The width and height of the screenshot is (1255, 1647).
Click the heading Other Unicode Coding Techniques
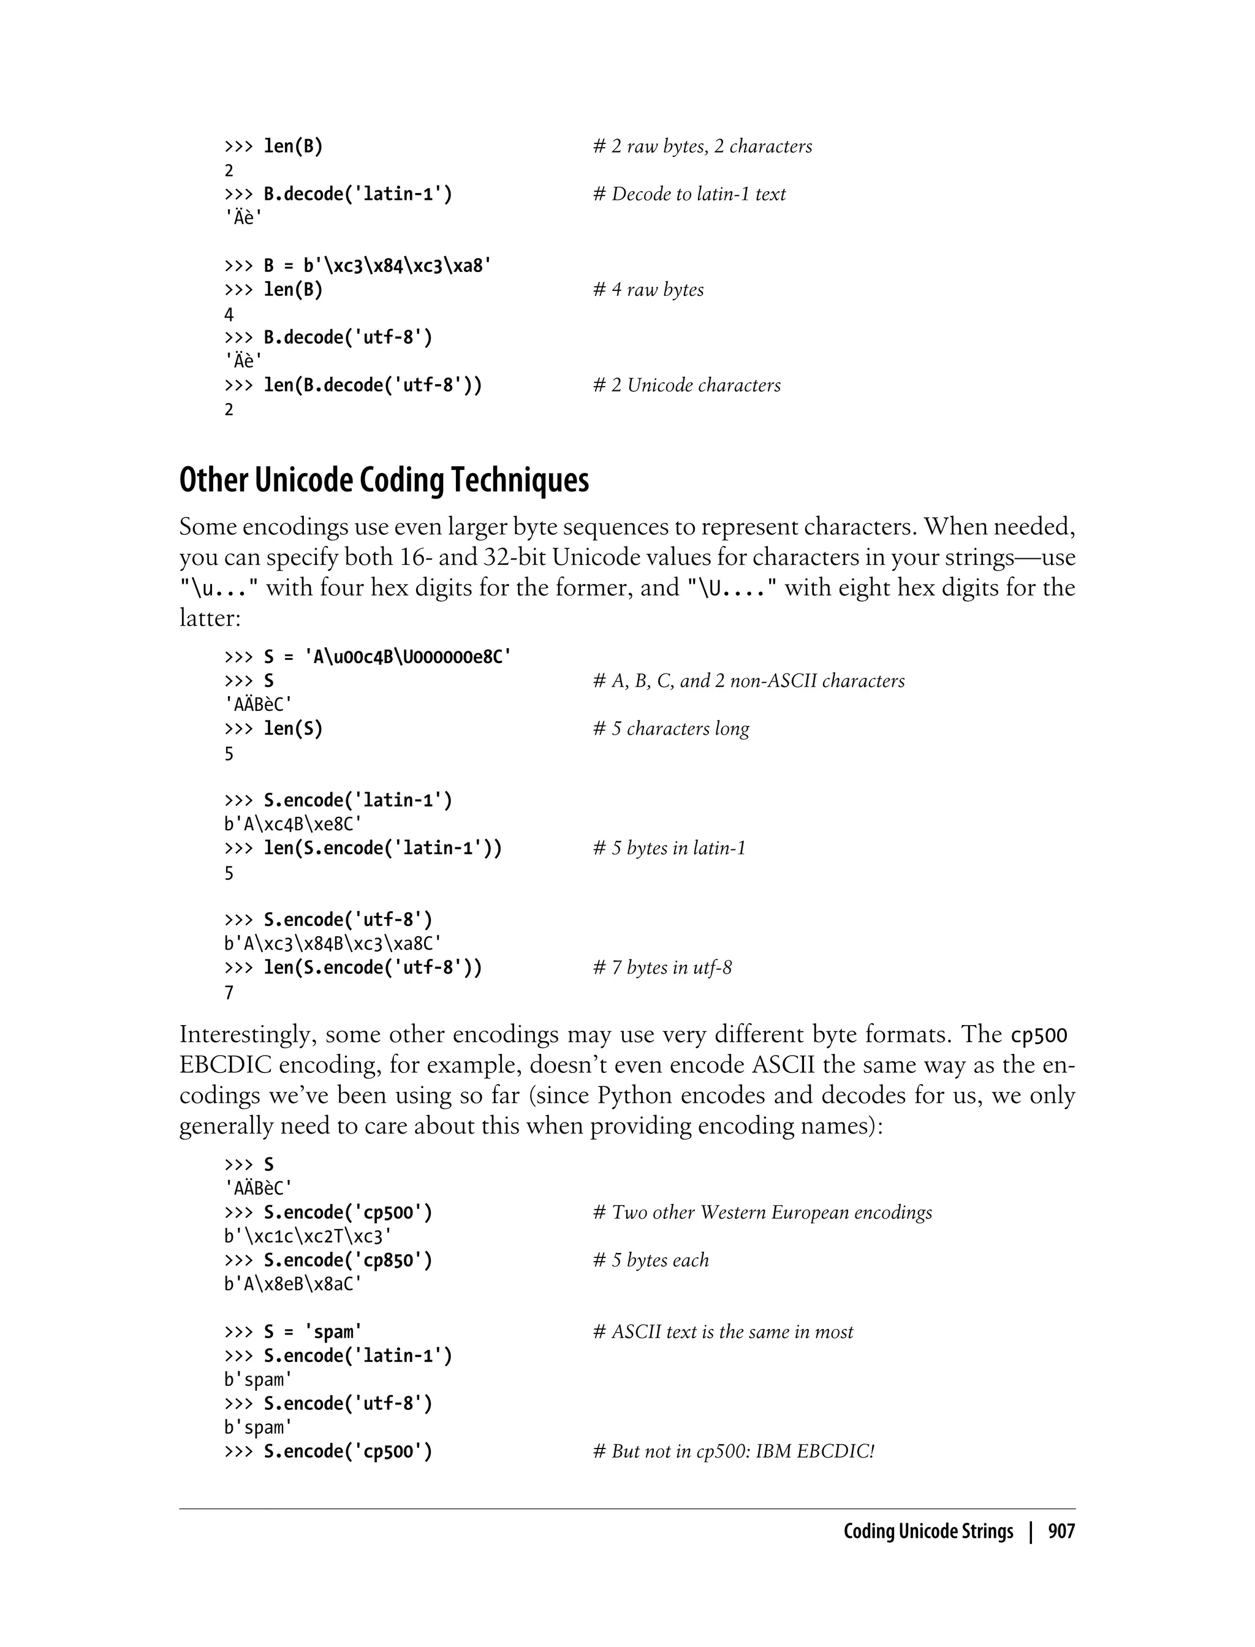[x=384, y=480]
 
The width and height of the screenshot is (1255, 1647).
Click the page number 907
[x=1061, y=1531]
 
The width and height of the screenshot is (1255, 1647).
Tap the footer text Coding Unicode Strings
[x=928, y=1531]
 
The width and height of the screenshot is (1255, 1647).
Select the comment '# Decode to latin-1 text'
[x=689, y=194]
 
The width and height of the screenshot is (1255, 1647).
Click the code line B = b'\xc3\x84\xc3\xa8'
[x=358, y=266]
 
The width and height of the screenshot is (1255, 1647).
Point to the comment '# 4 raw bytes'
[x=648, y=290]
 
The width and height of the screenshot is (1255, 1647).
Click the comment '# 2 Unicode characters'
[x=686, y=385]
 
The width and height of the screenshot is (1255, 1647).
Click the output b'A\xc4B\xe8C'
[x=294, y=824]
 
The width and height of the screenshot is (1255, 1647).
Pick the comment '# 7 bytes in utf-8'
[x=662, y=968]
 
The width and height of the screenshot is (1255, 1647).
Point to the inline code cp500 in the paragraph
[x=1038, y=1036]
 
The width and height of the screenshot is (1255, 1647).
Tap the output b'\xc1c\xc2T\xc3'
[x=308, y=1236]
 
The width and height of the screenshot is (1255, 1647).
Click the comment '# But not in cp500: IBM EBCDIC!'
[x=734, y=1452]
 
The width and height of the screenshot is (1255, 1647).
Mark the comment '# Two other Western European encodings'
[x=762, y=1213]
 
